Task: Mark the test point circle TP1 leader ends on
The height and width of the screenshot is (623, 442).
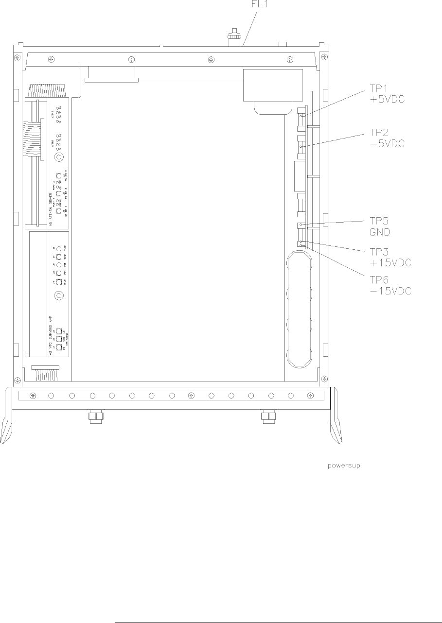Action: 301,116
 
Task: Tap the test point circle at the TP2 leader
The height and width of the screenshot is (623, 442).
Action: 301,146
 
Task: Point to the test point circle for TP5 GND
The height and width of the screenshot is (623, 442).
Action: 301,225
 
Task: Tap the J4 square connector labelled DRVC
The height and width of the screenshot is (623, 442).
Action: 58,282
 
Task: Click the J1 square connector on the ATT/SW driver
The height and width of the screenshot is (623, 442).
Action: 59,211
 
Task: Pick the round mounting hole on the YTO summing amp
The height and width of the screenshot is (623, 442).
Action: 59,295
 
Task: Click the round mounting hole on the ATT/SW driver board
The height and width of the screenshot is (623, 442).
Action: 59,157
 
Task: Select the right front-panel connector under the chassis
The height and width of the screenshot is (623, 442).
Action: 268,416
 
